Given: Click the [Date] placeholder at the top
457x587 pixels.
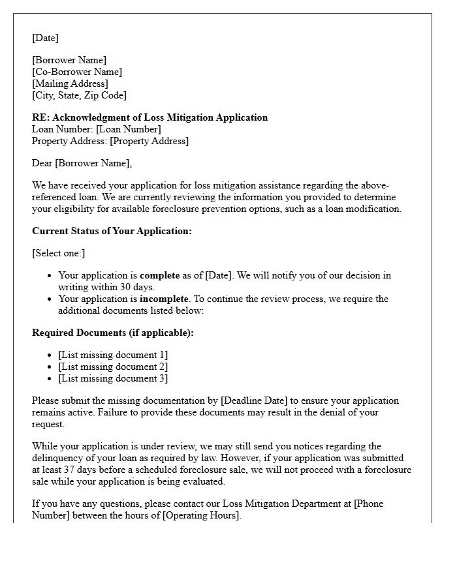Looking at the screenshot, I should pyautogui.click(x=45, y=38).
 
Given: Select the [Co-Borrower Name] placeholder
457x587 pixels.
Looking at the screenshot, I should pyautogui.click(x=77, y=72).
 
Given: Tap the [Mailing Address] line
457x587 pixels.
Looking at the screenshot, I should pyautogui.click(x=70, y=83).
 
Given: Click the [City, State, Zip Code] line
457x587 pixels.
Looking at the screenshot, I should pyautogui.click(x=79, y=95).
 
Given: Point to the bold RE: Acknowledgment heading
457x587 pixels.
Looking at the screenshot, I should pyautogui.click(x=150, y=117).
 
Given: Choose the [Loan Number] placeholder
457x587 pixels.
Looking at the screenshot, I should pyautogui.click(x=129, y=129).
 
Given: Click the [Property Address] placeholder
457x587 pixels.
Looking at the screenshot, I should pyautogui.click(x=149, y=141).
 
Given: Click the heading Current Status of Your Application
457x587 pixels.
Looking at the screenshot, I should pyautogui.click(x=112, y=231).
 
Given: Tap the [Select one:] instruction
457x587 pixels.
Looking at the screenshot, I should pyautogui.click(x=58, y=253).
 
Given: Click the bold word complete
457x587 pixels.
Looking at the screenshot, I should pyautogui.click(x=159, y=275).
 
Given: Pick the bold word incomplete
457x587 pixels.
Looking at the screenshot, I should pyautogui.click(x=164, y=299).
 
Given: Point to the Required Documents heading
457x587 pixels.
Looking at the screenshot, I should pyautogui.click(x=112, y=333).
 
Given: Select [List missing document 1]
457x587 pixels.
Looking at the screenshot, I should pyautogui.click(x=113, y=355).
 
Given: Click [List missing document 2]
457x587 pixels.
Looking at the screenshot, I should pyautogui.click(x=113, y=367).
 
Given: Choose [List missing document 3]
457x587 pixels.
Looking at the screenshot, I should pyautogui.click(x=113, y=378).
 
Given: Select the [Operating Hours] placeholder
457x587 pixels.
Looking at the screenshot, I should pyautogui.click(x=200, y=515).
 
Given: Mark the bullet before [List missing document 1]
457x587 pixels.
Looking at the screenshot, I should pyautogui.click(x=50, y=355).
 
